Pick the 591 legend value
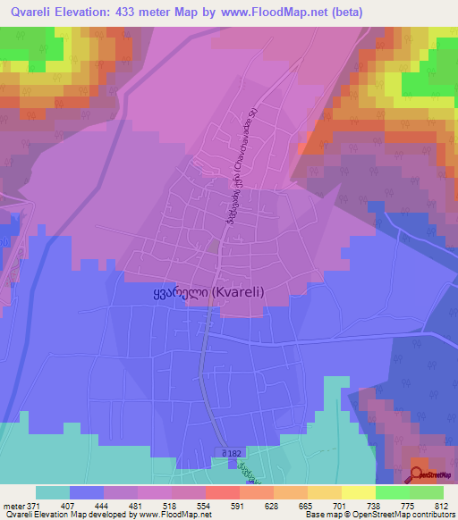239,506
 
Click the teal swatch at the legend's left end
53,492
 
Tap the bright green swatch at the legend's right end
426,492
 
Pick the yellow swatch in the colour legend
358,492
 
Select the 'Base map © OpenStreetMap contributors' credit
377,515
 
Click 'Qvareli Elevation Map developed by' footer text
68,515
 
